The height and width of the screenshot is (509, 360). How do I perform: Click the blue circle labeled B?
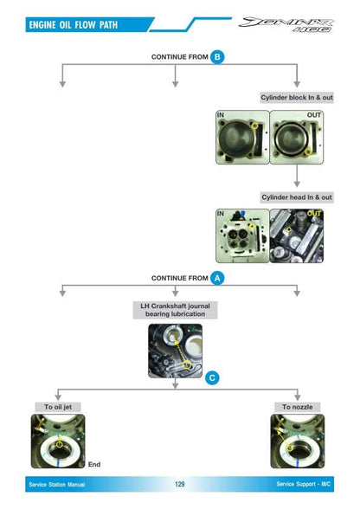point(217,57)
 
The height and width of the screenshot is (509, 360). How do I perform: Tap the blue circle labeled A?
point(217,278)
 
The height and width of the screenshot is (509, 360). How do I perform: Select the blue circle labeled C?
point(212,377)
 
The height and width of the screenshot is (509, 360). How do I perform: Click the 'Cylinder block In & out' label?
point(297,97)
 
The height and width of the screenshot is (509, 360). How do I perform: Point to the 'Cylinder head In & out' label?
point(297,197)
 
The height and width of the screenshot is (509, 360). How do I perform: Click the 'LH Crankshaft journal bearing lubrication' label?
point(176,310)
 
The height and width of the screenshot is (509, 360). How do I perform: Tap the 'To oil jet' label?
point(58,407)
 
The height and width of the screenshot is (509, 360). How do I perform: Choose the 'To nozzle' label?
point(298,407)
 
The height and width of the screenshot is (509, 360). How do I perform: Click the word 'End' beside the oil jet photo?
point(94,465)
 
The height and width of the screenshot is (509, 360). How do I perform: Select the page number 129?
point(179,484)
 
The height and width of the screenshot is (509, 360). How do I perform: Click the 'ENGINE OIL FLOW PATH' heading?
point(74,25)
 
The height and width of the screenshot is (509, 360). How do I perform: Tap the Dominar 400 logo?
point(286,24)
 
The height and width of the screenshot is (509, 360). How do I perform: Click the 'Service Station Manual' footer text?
point(57,485)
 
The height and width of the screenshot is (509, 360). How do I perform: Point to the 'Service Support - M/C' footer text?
point(304,484)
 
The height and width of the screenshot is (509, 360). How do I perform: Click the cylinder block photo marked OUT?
point(297,137)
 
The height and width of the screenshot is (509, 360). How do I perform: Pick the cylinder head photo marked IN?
point(243,235)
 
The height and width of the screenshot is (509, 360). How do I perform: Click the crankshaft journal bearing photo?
point(176,351)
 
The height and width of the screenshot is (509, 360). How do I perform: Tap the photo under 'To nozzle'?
point(298,441)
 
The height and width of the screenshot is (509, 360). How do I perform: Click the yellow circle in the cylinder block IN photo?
point(255,126)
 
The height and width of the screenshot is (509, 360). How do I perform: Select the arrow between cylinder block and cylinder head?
point(297,176)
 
